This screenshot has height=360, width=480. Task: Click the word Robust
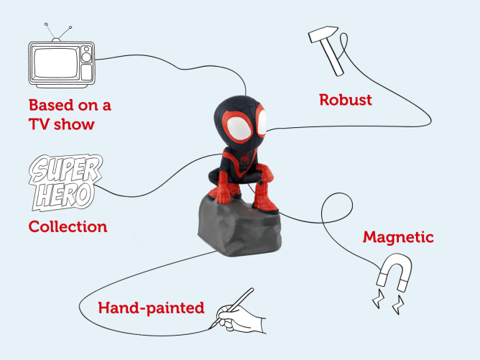346,100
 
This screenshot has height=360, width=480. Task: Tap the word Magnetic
398,237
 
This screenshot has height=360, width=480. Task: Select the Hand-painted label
151,308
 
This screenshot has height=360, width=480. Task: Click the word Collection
68,227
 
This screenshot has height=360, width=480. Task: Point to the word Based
52,105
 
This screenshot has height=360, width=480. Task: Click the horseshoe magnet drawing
394,272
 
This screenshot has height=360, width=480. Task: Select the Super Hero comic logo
65,183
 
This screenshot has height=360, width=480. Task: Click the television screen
56,63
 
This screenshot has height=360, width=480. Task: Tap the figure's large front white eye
240,129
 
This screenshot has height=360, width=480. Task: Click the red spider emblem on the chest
246,160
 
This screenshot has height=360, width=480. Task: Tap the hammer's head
323,33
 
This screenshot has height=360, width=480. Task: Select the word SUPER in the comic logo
66,169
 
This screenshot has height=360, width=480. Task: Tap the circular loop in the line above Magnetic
337,208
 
